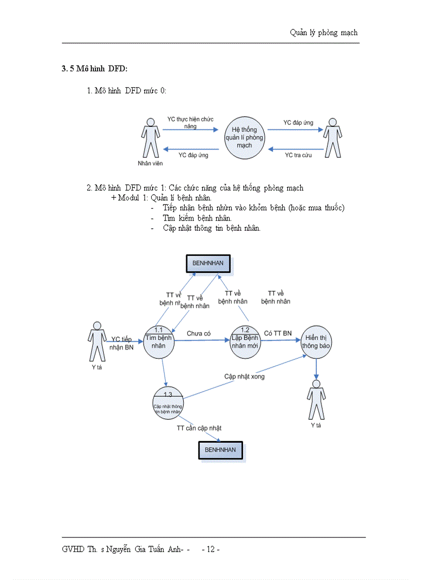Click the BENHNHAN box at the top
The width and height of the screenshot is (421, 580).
(208, 263)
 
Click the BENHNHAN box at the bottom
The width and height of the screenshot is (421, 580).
(220, 450)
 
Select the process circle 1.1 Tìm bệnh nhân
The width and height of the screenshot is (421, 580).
(159, 341)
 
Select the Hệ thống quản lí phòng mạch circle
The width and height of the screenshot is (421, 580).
(244, 137)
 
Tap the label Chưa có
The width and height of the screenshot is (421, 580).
(199, 334)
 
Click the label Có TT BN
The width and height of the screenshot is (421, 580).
(278, 334)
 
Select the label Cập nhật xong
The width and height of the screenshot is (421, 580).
(244, 377)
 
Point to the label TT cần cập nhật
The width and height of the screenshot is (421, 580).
(199, 428)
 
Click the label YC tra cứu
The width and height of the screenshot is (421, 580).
(296, 155)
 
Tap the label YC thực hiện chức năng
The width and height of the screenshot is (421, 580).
(190, 122)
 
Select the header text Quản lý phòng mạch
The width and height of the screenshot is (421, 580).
(323, 33)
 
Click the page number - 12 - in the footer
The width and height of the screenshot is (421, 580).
(211, 549)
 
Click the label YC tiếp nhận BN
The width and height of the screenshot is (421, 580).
(122, 343)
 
